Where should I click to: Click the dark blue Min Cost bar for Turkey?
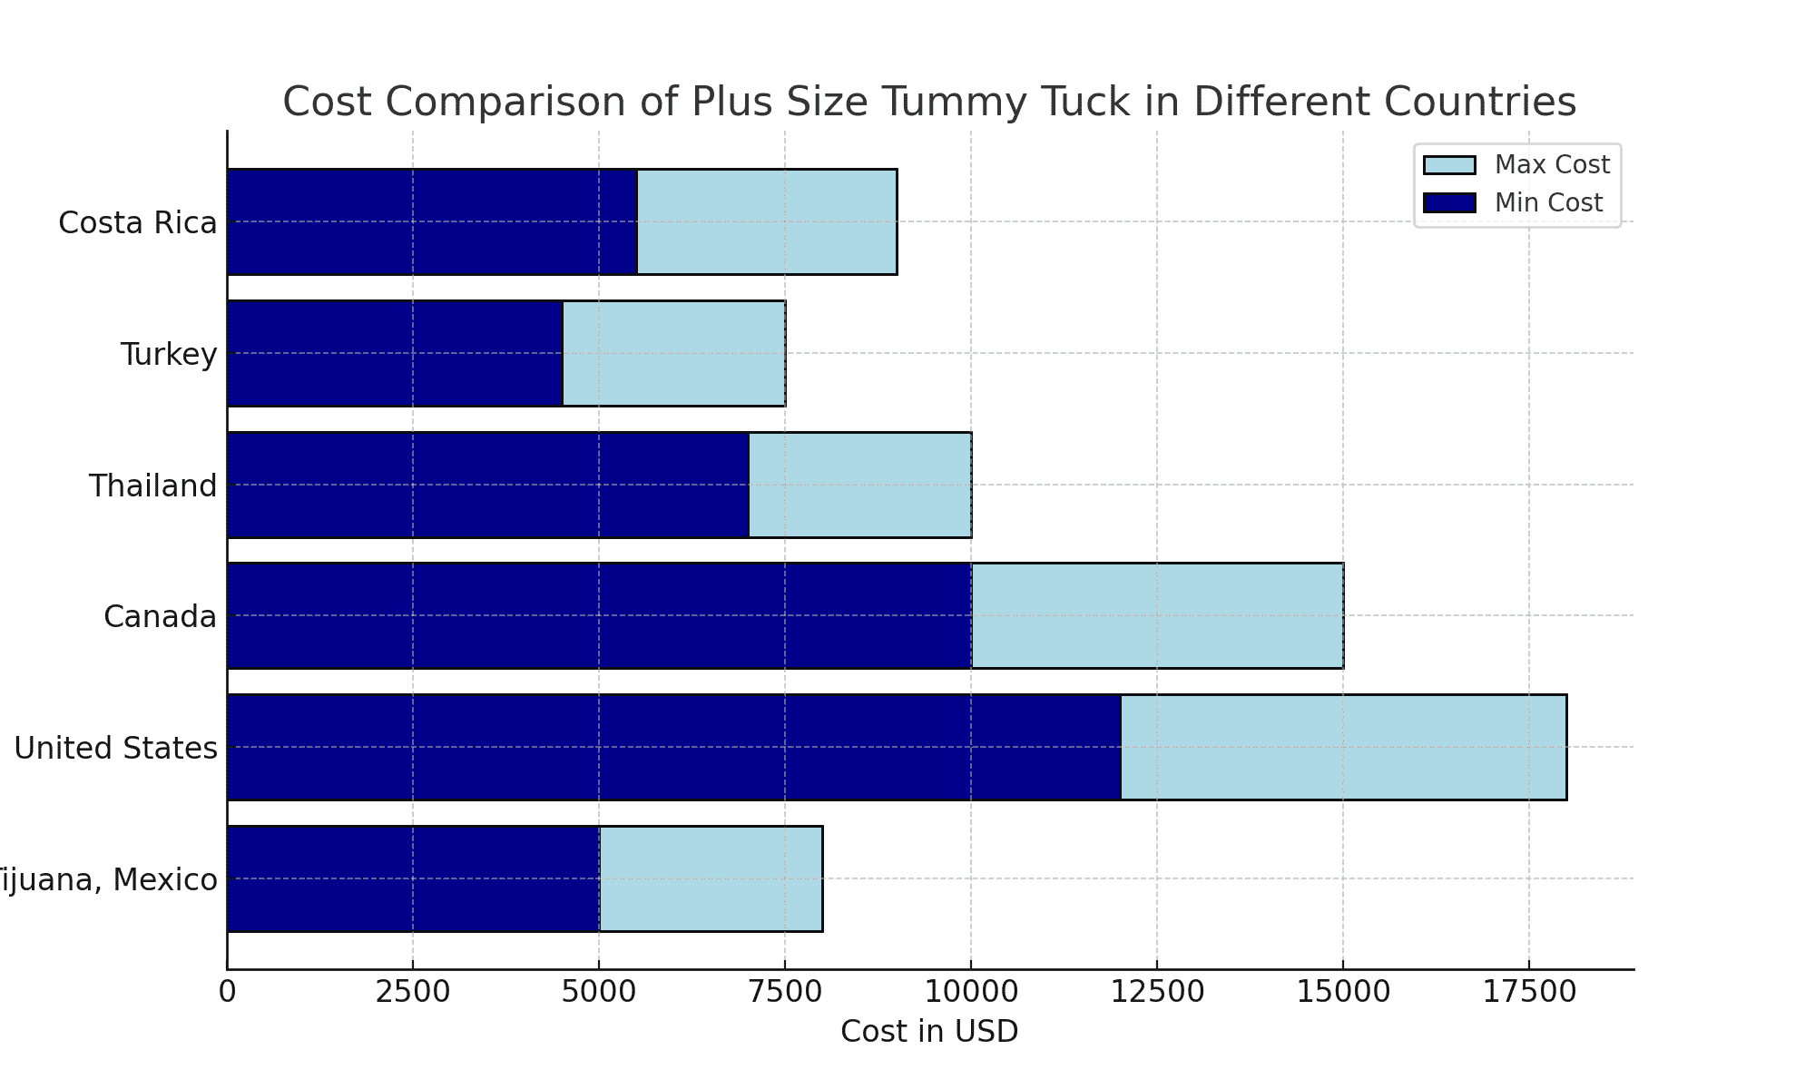click(x=395, y=353)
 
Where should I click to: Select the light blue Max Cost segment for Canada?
click(x=1157, y=616)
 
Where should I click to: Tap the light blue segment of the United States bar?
click(x=1343, y=747)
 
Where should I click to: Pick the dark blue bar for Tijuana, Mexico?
click(x=413, y=878)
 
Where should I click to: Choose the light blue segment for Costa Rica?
click(x=767, y=221)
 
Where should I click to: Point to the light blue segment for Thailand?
click(x=859, y=485)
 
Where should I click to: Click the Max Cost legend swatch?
click(x=1449, y=165)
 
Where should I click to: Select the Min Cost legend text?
click(x=1548, y=202)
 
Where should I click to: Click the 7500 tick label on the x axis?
click(x=784, y=992)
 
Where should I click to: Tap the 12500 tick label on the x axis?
click(x=1156, y=992)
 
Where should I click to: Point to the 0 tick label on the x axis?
click(x=227, y=992)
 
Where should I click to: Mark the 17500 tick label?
click(x=1528, y=992)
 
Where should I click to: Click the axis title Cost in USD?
click(x=929, y=1032)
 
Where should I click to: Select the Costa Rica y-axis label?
click(x=138, y=222)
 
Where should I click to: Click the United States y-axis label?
click(x=116, y=748)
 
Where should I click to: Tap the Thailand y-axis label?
click(x=153, y=486)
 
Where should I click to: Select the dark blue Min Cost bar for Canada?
click(x=599, y=616)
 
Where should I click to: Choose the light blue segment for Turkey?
click(x=673, y=353)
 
